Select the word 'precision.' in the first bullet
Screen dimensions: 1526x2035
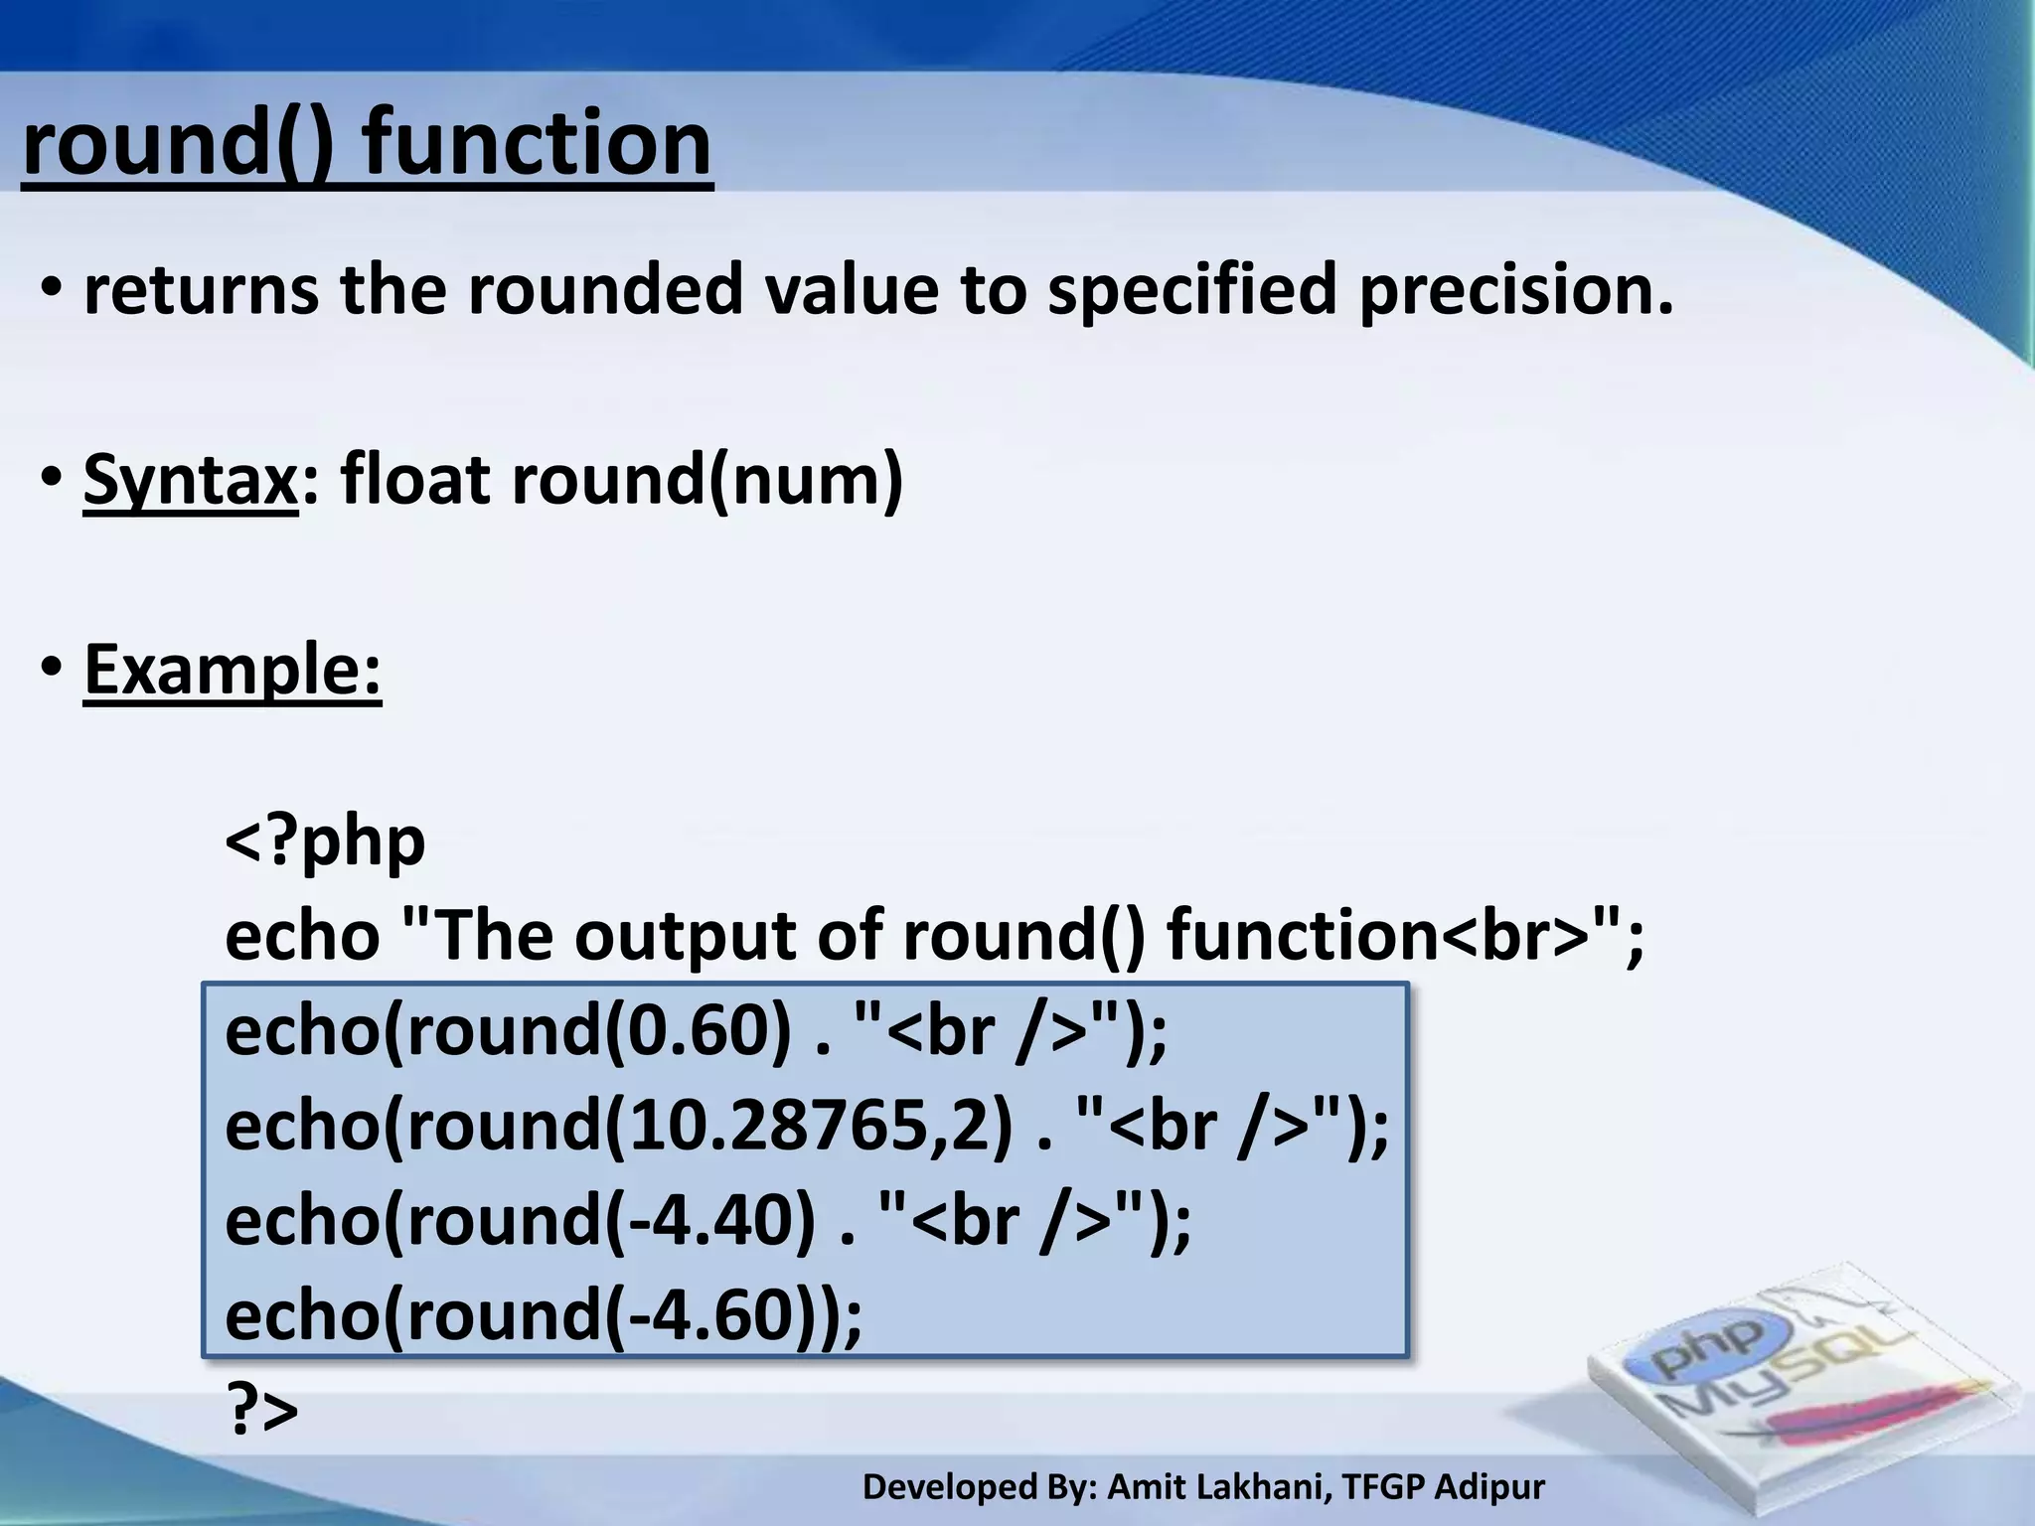point(1515,291)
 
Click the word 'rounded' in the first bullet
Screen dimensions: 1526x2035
point(604,291)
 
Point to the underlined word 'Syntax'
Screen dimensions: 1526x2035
point(190,481)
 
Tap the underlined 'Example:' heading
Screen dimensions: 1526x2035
point(233,670)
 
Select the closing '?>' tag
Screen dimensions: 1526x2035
point(262,1409)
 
